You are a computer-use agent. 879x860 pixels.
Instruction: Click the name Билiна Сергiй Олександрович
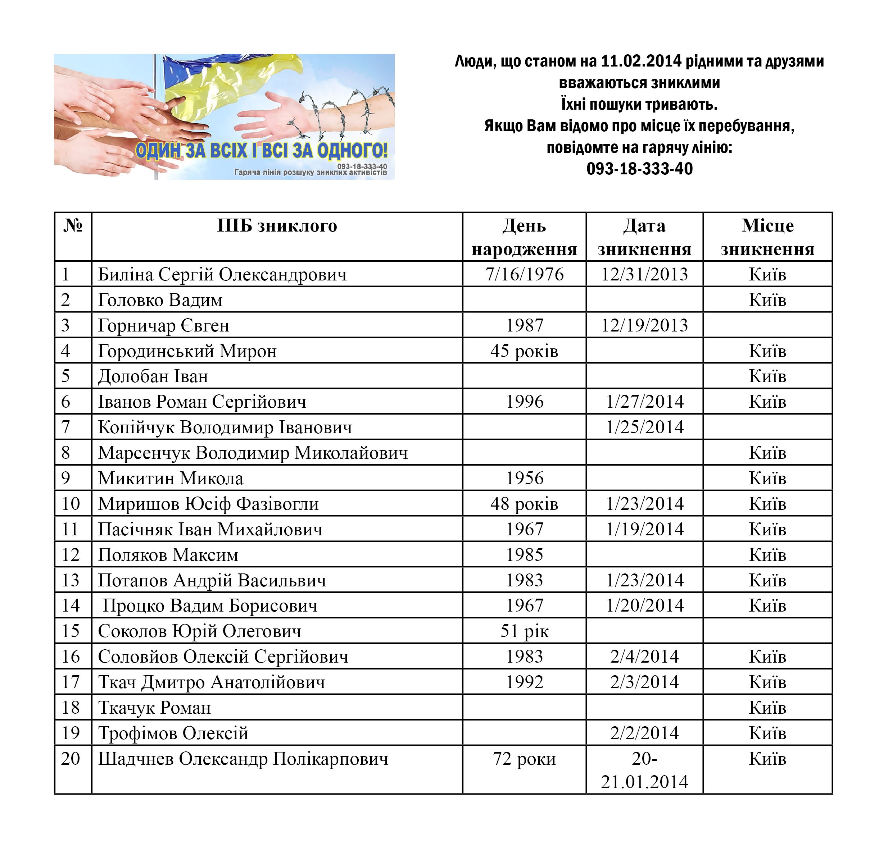pyautogui.click(x=222, y=275)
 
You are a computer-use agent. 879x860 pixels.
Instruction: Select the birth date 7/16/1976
pyautogui.click(x=524, y=275)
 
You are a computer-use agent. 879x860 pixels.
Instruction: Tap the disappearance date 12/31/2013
pyautogui.click(x=644, y=275)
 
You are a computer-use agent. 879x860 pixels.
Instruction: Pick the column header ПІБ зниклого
pyautogui.click(x=277, y=226)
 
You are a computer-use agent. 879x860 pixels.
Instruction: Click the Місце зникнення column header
pyautogui.click(x=767, y=237)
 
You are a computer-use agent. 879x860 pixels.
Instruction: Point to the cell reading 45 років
pyautogui.click(x=524, y=351)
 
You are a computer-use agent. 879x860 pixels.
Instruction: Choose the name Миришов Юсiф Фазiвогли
pyautogui.click(x=208, y=504)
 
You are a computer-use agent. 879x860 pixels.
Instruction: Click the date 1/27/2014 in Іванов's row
pyautogui.click(x=644, y=402)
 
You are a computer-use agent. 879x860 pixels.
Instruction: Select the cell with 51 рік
pyautogui.click(x=524, y=631)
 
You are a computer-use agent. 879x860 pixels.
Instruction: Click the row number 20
pyautogui.click(x=71, y=759)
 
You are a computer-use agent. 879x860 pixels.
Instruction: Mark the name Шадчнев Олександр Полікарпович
pyautogui.click(x=243, y=759)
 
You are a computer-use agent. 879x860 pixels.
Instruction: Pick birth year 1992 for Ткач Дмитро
pyautogui.click(x=524, y=682)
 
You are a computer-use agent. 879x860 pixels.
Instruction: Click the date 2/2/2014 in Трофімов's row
pyautogui.click(x=644, y=733)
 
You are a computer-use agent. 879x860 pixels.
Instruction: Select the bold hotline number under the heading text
pyautogui.click(x=639, y=169)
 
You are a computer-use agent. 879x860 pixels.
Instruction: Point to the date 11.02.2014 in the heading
pyautogui.click(x=641, y=61)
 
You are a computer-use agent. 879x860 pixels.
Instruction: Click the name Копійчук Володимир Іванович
pyautogui.click(x=225, y=427)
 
